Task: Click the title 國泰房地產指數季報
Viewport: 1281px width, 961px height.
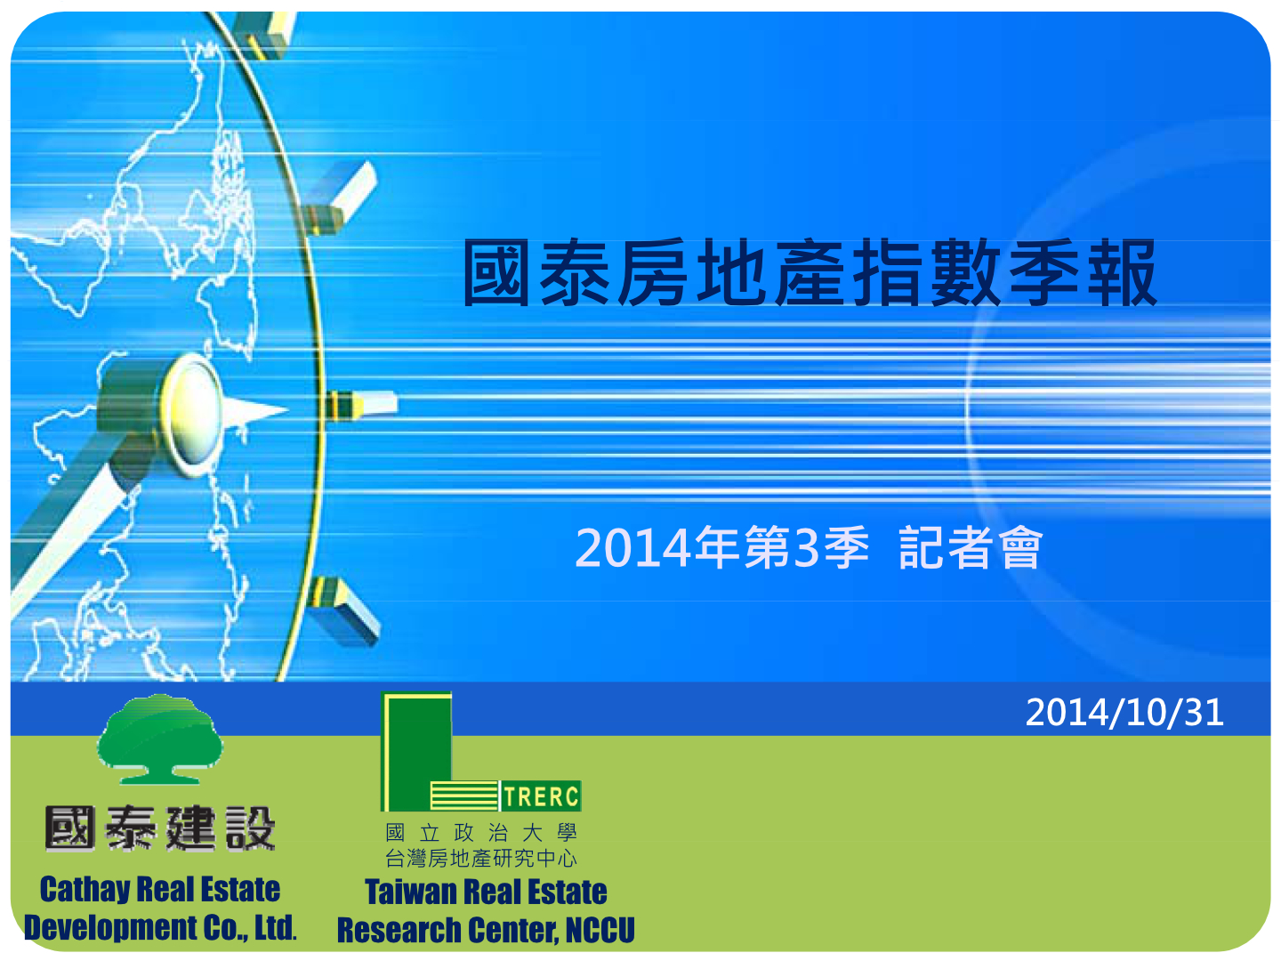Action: tap(810, 272)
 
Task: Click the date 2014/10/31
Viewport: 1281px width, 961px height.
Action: tap(1124, 713)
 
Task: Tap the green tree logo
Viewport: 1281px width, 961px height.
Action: tap(159, 739)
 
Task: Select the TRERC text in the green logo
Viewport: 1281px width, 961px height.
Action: tap(541, 796)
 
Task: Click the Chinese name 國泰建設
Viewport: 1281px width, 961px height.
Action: tap(160, 828)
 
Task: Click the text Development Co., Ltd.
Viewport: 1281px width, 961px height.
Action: tap(160, 928)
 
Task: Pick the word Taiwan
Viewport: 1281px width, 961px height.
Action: tap(410, 892)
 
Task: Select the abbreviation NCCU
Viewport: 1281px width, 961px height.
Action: tap(600, 930)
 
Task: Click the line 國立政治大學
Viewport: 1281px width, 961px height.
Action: tap(481, 833)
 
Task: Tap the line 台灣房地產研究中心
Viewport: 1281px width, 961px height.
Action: tap(481, 859)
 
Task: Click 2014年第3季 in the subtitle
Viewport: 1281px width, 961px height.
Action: tap(722, 547)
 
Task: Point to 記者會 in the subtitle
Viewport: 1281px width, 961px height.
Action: tap(971, 547)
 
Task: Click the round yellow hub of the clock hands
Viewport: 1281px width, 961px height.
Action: tap(191, 416)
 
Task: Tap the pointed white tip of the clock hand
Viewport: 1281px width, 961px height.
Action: tap(288, 409)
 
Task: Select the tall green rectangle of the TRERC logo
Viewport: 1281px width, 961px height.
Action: tap(416, 752)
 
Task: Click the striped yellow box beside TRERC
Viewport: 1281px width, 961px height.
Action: tap(464, 795)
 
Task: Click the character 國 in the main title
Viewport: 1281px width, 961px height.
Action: tap(496, 272)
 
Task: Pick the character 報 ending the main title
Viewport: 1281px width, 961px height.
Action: tap(1123, 272)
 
